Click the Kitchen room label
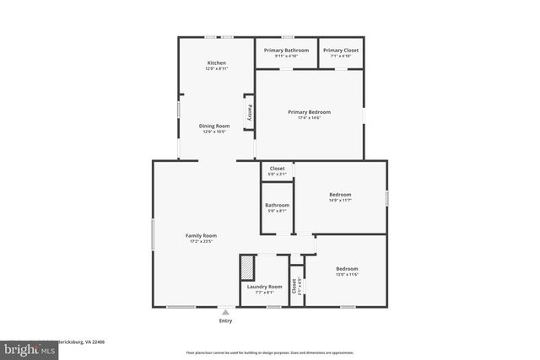click(x=217, y=63)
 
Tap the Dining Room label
click(x=214, y=126)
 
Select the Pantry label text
click(x=250, y=111)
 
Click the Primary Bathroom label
click(x=286, y=51)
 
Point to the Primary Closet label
click(x=340, y=51)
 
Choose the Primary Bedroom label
click(x=309, y=112)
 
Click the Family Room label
click(x=201, y=235)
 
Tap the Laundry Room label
click(x=264, y=287)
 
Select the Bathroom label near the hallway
click(x=277, y=205)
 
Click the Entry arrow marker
click(x=225, y=312)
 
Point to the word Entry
click(x=225, y=321)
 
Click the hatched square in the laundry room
click(x=246, y=269)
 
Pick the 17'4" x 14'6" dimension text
click(x=309, y=118)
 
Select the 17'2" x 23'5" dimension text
click(x=201, y=241)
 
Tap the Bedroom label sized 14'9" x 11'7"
click(x=340, y=195)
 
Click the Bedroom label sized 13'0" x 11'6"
click(x=347, y=269)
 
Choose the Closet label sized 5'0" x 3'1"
click(x=277, y=169)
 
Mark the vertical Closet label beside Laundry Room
click(x=294, y=287)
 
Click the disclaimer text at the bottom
click(x=269, y=352)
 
